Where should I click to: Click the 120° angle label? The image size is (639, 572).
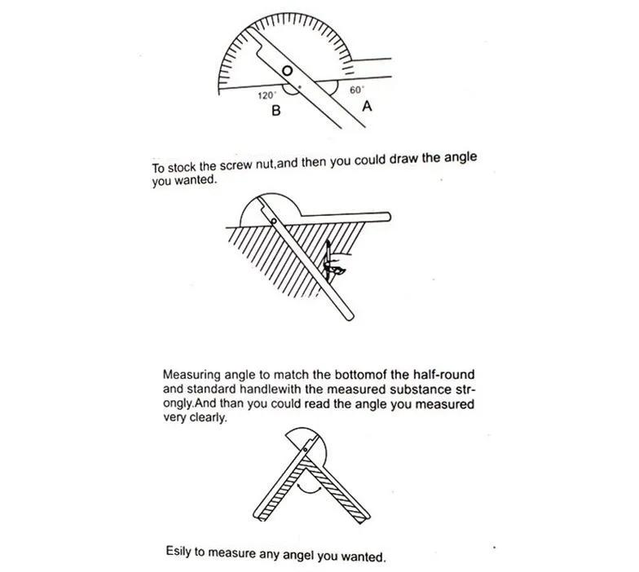point(267,96)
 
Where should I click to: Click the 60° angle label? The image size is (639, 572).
point(357,90)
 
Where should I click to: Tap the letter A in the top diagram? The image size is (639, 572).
point(367,106)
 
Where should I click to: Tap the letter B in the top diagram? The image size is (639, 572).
point(275,111)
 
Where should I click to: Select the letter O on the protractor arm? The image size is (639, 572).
point(287,72)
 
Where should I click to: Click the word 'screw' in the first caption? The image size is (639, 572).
point(236,166)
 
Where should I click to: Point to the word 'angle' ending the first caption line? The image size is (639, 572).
point(460,158)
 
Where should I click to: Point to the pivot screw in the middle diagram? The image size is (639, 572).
point(274,222)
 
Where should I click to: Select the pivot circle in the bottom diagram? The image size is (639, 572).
point(304,450)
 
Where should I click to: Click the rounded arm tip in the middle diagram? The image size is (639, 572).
point(349,317)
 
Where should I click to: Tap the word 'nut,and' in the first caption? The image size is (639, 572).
point(277,165)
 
